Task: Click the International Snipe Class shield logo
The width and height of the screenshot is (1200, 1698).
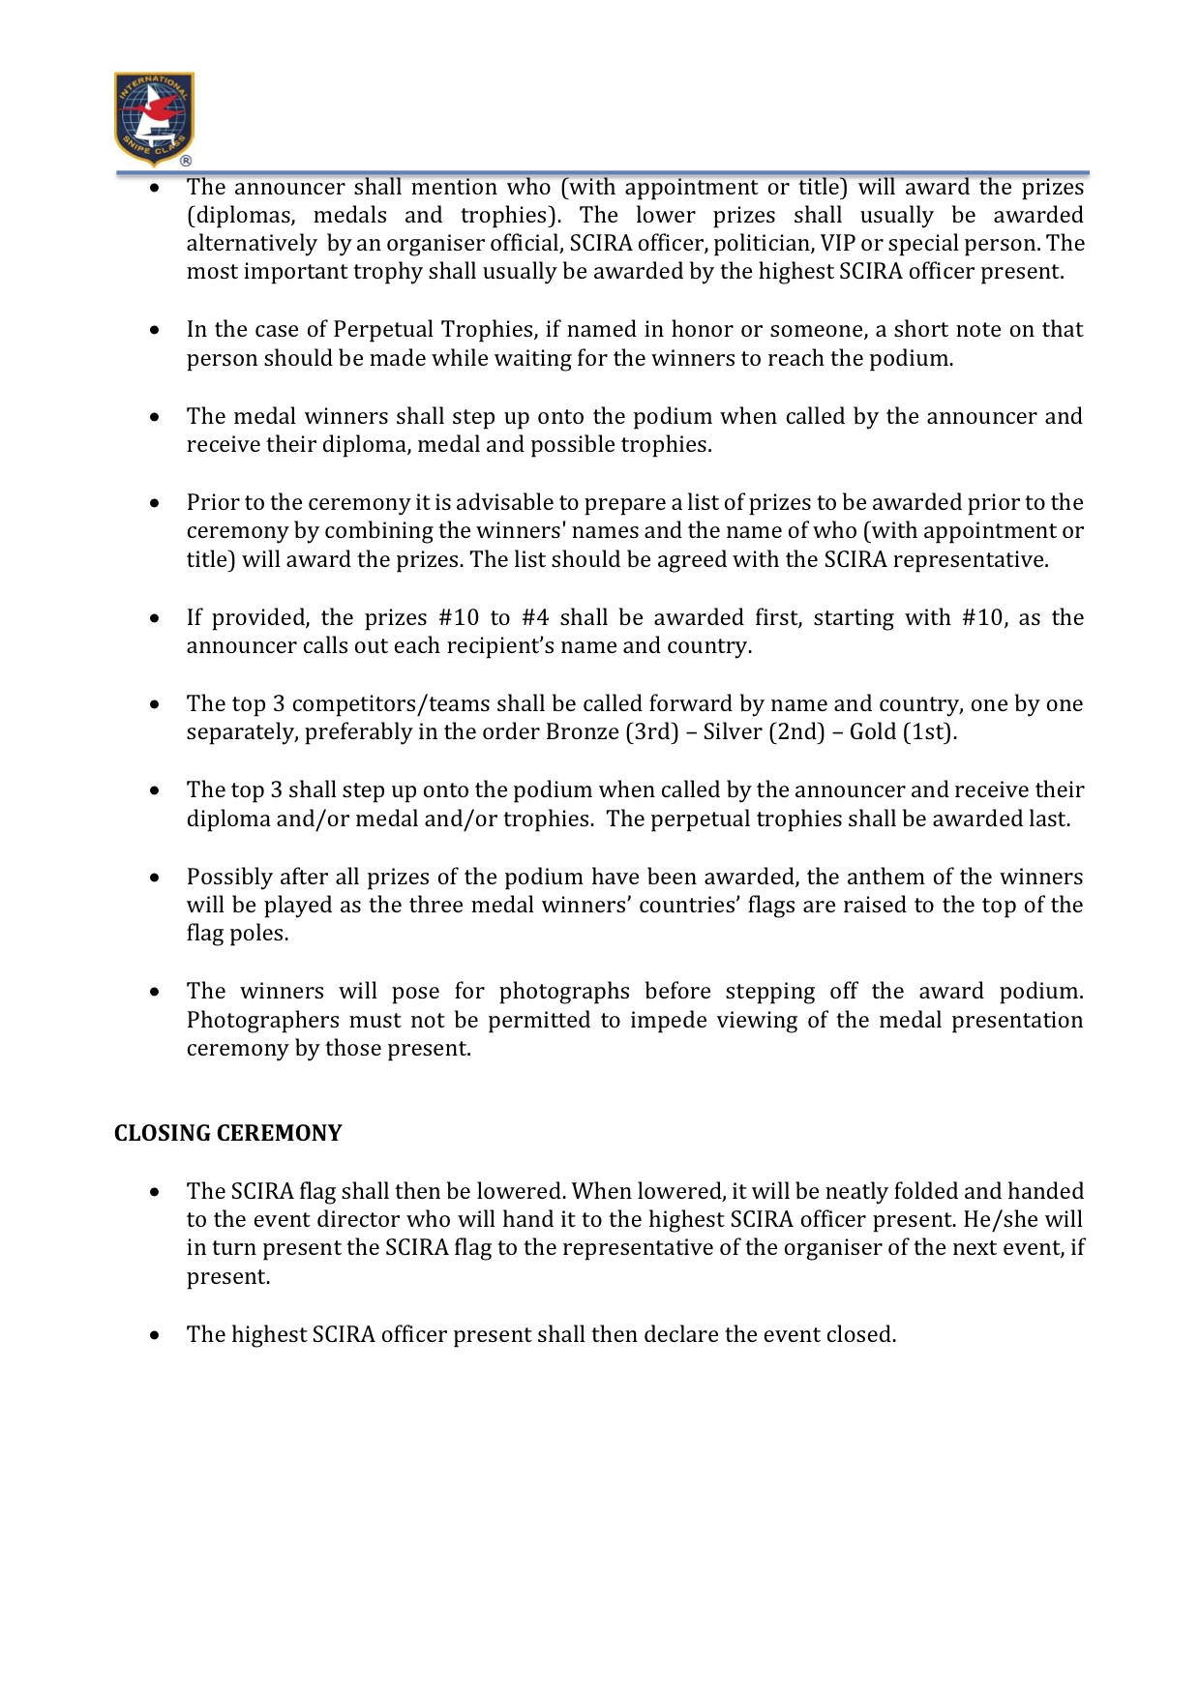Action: point(154,118)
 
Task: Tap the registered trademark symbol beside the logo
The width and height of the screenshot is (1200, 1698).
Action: point(186,161)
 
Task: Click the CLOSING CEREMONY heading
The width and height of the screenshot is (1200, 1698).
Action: point(227,1133)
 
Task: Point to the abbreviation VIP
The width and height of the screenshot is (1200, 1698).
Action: point(838,243)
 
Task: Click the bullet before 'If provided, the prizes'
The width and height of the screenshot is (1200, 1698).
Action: point(155,618)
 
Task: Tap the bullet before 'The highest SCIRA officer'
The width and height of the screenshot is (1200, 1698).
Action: point(155,1335)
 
